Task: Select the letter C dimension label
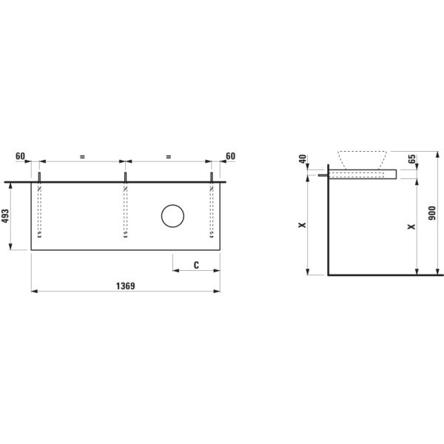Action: coord(196,264)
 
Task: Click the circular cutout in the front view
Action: coord(173,216)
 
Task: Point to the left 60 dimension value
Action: coord(21,156)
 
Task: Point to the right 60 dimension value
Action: coord(229,156)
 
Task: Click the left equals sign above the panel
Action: coord(82,156)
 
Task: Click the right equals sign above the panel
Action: coord(169,156)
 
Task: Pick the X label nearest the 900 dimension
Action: coord(411,226)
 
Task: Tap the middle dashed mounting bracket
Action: coord(126,211)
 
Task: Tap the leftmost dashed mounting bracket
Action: coord(39,211)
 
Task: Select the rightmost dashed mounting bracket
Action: coord(212,211)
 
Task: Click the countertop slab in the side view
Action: coord(362,175)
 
